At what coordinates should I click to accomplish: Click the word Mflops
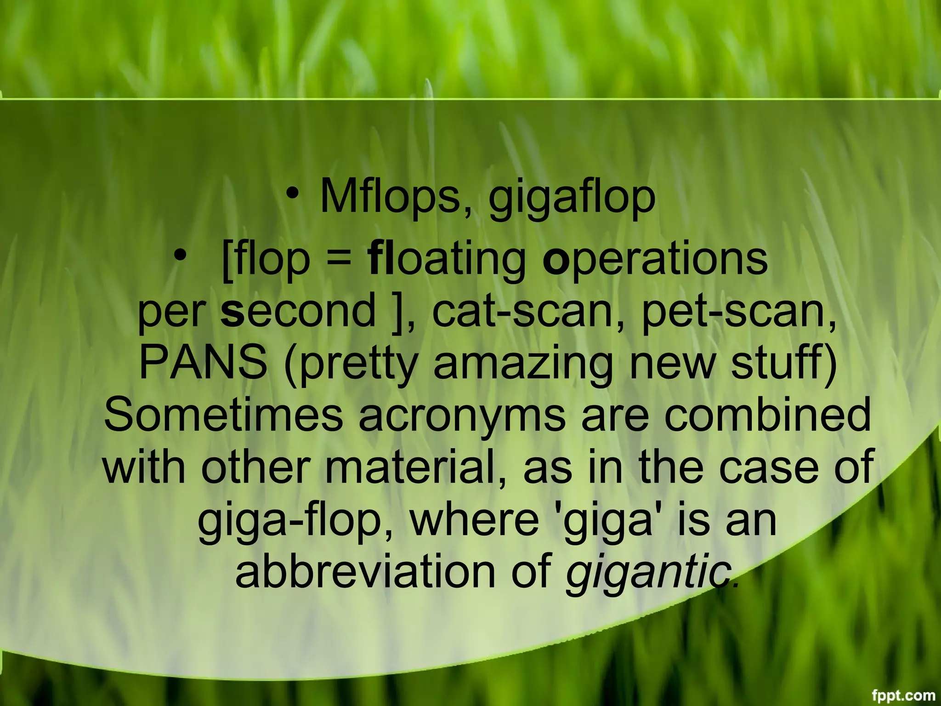point(395,197)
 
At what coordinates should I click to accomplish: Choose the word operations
point(655,258)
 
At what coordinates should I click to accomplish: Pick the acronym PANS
point(203,362)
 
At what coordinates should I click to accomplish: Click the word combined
point(767,415)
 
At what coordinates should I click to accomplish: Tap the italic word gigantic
point(648,575)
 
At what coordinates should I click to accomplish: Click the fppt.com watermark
point(902,695)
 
